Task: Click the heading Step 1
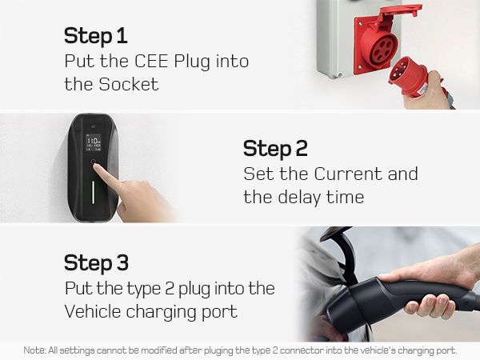(x=95, y=37)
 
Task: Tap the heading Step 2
(x=275, y=149)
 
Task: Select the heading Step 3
(x=96, y=263)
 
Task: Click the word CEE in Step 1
(x=151, y=62)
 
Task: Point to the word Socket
(x=129, y=84)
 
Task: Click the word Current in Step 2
(x=348, y=174)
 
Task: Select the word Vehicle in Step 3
(x=93, y=311)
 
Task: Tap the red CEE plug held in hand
(x=408, y=77)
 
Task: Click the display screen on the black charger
(x=94, y=142)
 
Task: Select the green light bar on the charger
(x=93, y=192)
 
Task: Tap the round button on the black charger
(x=94, y=162)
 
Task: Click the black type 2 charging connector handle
(x=398, y=302)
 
